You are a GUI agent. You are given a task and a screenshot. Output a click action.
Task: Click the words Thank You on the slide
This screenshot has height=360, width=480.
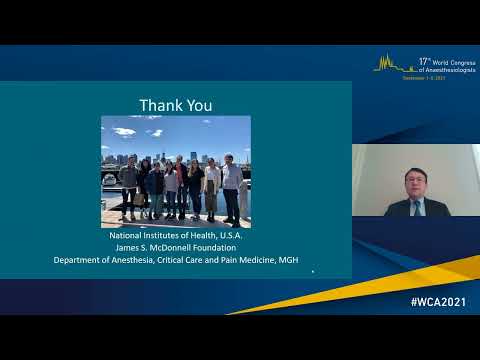tap(175, 105)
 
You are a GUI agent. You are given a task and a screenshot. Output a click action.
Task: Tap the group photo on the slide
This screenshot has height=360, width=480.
tap(175, 171)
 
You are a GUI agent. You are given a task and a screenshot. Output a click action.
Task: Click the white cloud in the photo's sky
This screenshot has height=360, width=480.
tap(124, 131)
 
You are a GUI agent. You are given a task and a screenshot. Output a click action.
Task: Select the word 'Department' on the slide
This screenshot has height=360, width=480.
tap(79, 260)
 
